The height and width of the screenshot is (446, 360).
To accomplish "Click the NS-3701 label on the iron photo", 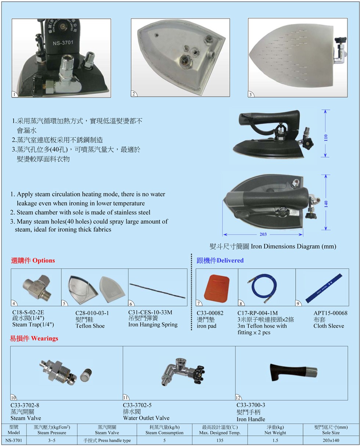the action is pyautogui.click(x=63, y=43).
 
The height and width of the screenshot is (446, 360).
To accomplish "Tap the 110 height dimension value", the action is pyautogui.click(x=325, y=138).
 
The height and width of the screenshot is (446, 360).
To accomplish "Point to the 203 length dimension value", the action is pyautogui.click(x=263, y=234).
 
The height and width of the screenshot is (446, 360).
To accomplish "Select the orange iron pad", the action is pyautogui.click(x=216, y=288).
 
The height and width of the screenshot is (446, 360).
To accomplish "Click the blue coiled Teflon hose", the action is pyautogui.click(x=263, y=287).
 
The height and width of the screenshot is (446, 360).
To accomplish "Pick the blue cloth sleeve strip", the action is pyautogui.click(x=324, y=288).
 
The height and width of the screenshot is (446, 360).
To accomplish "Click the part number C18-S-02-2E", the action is pyautogui.click(x=28, y=312).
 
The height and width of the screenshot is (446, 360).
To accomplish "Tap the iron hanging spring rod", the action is pyautogui.click(x=157, y=290).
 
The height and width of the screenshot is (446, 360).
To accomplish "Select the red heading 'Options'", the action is pyautogui.click(x=43, y=260).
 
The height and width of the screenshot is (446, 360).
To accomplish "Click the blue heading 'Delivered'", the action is pyautogui.click(x=230, y=260).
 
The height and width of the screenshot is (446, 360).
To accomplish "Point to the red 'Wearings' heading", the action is pyautogui.click(x=44, y=338).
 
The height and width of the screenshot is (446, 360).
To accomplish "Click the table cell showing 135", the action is pyautogui.click(x=220, y=440).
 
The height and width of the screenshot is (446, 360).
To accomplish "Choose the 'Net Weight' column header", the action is pyautogui.click(x=275, y=433).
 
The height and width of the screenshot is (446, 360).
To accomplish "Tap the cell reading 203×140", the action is pyautogui.click(x=331, y=440).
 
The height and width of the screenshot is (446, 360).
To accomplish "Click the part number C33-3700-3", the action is pyautogui.click(x=251, y=405).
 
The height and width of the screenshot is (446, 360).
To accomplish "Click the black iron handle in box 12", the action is pyautogui.click(x=293, y=372).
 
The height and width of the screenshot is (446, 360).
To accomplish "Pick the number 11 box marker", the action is pyautogui.click(x=126, y=397).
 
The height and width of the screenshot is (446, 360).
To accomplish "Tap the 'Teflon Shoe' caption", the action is pyautogui.click(x=90, y=326).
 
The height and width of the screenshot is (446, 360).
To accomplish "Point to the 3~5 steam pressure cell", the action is pyautogui.click(x=52, y=440).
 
